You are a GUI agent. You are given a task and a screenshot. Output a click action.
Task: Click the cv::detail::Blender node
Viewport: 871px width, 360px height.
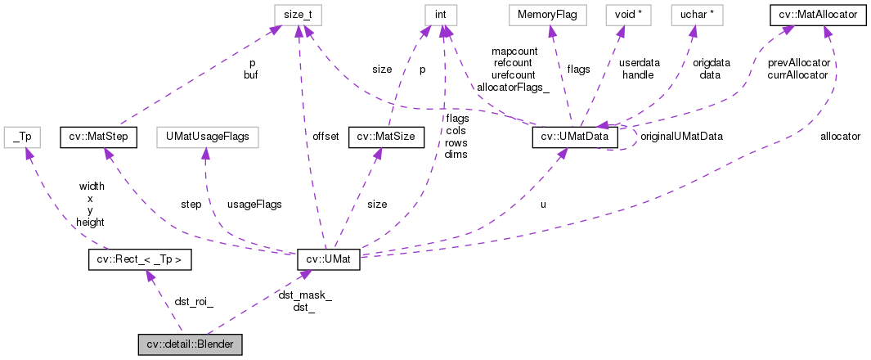click(190, 344)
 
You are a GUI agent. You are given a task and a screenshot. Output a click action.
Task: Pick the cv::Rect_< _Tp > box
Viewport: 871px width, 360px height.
click(139, 261)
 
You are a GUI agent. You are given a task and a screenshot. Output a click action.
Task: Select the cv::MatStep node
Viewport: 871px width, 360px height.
click(97, 136)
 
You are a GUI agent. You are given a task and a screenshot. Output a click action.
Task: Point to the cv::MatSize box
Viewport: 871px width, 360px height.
click(386, 136)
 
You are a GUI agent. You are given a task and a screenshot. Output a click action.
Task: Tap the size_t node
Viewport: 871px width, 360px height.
click(298, 15)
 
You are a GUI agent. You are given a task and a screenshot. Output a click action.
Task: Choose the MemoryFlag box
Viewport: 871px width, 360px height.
click(543, 15)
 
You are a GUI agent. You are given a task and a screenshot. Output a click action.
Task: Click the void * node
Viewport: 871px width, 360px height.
click(621, 15)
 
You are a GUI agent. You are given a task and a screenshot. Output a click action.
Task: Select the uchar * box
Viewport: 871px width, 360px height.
click(693, 15)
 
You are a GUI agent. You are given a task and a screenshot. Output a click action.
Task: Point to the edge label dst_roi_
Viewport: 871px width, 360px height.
click(194, 301)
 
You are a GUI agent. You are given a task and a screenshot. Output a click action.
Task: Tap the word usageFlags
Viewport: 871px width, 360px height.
click(254, 204)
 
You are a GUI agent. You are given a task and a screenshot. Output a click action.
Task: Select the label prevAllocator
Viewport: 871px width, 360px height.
click(798, 62)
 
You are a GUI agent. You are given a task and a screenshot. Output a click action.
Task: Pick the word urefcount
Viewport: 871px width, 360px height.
click(513, 74)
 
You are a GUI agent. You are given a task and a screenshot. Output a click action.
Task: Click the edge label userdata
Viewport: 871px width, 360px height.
click(639, 62)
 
